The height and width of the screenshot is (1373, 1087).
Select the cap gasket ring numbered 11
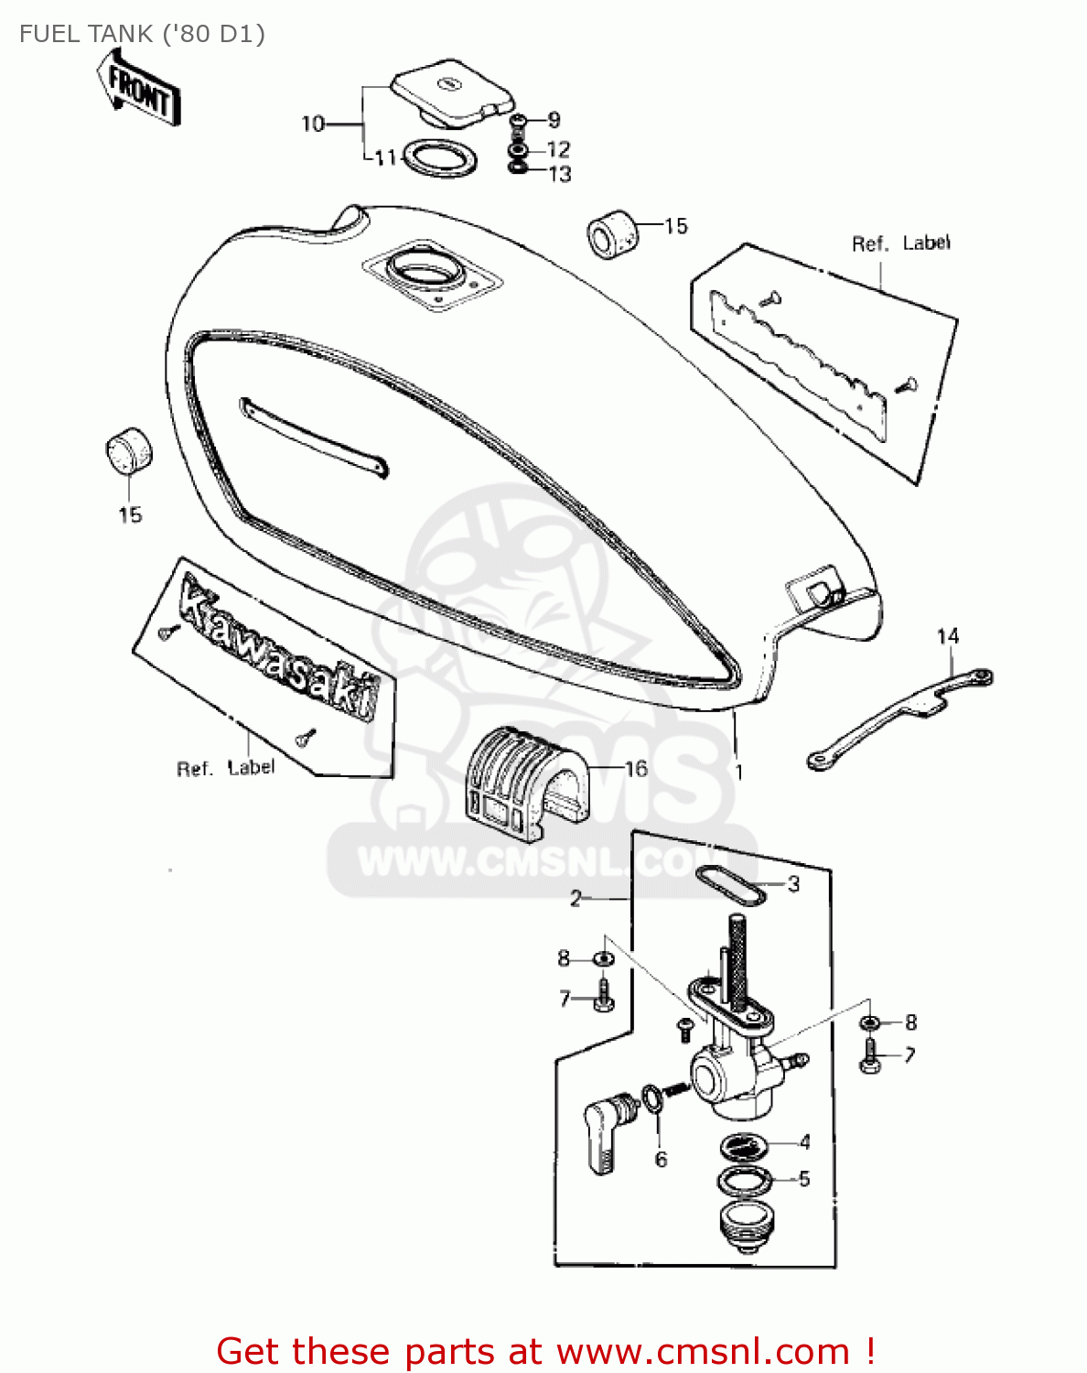click(x=440, y=158)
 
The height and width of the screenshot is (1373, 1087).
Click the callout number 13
click(x=560, y=174)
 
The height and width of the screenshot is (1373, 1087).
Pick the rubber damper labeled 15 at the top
click(x=612, y=233)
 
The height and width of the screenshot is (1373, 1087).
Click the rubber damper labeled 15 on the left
click(x=128, y=450)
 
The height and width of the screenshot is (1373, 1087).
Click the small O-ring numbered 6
click(x=651, y=1098)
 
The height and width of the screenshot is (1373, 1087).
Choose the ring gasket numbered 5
click(x=742, y=1181)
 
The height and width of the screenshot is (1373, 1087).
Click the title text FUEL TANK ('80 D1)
click(x=142, y=34)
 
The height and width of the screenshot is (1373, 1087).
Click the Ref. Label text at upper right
click(x=900, y=243)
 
